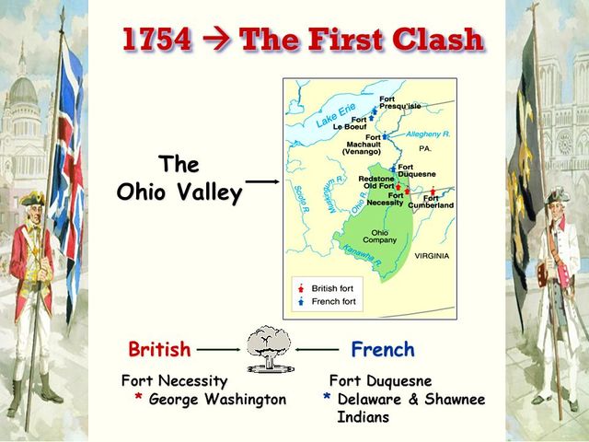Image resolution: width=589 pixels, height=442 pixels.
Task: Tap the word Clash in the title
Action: (440, 41)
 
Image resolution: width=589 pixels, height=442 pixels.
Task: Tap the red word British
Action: (159, 350)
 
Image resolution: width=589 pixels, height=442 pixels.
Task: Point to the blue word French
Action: (383, 350)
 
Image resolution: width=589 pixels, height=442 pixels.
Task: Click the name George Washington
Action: (217, 400)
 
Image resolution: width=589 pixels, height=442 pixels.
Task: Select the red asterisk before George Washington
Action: (138, 399)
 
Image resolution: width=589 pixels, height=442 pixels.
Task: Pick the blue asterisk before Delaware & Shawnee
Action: (327, 399)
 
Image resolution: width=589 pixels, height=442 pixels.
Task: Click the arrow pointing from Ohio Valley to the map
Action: (263, 181)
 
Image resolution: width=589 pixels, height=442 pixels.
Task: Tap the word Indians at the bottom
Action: (364, 417)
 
